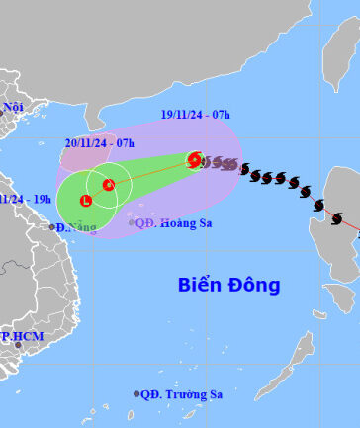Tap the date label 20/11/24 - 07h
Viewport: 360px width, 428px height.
click(100, 142)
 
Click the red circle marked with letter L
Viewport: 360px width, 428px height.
click(86, 202)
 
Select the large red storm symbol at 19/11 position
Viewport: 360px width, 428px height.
click(195, 160)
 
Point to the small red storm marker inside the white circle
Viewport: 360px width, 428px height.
click(109, 184)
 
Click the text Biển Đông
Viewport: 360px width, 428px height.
click(229, 285)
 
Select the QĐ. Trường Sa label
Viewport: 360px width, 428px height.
click(181, 394)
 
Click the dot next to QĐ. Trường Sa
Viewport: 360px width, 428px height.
click(136, 393)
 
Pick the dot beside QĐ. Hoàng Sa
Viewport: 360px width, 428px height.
click(132, 222)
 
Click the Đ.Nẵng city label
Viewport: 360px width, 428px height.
click(76, 227)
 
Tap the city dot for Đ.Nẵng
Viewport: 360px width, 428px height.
click(52, 226)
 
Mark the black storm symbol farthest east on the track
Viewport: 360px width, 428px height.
click(336, 217)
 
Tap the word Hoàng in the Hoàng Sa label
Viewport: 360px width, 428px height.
click(181, 222)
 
